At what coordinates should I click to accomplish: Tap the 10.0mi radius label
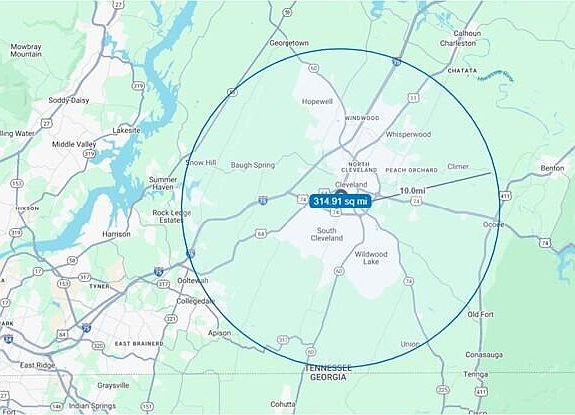coord(412,190)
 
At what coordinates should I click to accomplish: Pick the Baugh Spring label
coord(252,165)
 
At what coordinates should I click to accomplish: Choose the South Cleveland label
coord(328,236)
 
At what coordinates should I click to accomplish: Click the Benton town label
coord(552,169)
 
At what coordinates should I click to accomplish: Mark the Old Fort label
coord(481,314)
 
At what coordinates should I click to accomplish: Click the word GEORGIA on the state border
coord(329,378)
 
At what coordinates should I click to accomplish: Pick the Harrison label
coord(116,234)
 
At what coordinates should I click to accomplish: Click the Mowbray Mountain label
coord(26,51)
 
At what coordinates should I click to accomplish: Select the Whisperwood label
coord(408,133)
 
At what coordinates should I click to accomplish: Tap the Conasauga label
coord(490,354)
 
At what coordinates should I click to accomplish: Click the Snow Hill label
coord(200,162)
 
